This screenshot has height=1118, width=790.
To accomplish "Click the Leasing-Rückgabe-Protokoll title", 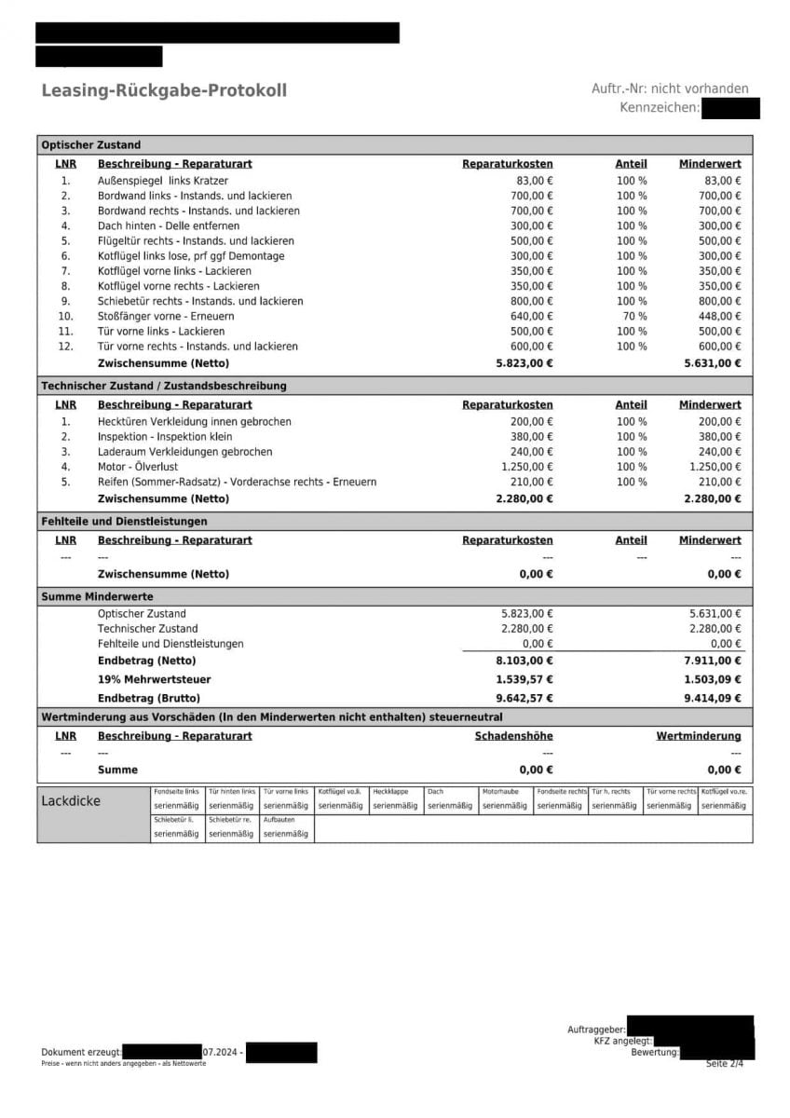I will pyautogui.click(x=164, y=90).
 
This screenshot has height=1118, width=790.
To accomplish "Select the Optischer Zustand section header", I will pyautogui.click(x=91, y=145).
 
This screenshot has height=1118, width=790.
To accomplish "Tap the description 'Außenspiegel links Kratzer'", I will pyautogui.click(x=163, y=181).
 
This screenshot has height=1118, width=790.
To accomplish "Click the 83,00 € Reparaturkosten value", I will pyautogui.click(x=535, y=181).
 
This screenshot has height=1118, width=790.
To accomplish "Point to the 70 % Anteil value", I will pyautogui.click(x=632, y=317).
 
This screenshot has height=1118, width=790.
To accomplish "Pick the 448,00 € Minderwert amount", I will pyautogui.click(x=720, y=317).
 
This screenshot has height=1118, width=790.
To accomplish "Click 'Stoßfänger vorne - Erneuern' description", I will pyautogui.click(x=166, y=317).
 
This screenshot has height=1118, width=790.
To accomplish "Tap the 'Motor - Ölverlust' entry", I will pyautogui.click(x=138, y=467).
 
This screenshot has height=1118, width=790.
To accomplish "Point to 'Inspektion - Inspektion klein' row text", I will pyautogui.click(x=166, y=437).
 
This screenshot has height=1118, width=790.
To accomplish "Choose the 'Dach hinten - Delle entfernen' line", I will pyautogui.click(x=169, y=226).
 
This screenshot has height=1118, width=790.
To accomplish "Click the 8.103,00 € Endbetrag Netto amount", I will pyautogui.click(x=524, y=661).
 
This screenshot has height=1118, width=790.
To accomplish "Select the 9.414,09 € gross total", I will pyautogui.click(x=713, y=698).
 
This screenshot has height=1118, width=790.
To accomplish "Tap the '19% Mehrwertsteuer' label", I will pyautogui.click(x=155, y=679).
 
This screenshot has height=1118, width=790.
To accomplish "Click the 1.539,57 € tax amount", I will pyautogui.click(x=524, y=679).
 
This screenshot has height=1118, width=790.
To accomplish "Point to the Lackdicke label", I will pyautogui.click(x=71, y=801).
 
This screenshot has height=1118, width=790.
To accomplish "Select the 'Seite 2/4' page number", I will pyautogui.click(x=725, y=1064).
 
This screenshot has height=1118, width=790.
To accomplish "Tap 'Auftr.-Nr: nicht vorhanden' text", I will pyautogui.click(x=670, y=89).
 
